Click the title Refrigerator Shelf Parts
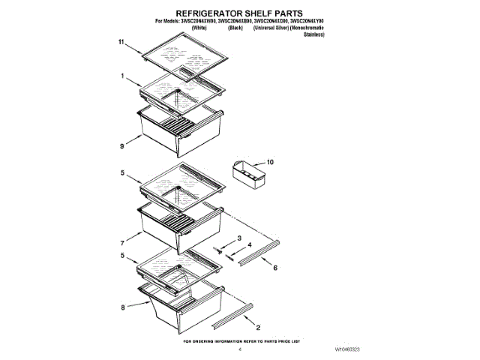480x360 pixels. pyautogui.click(x=238, y=13)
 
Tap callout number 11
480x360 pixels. pyautogui.click(x=120, y=43)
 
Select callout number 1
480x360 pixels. pyautogui.click(x=121, y=76)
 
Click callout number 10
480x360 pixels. pyautogui.click(x=271, y=161)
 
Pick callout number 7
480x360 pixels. pyautogui.click(x=121, y=244)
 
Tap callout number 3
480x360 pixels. pyautogui.click(x=239, y=238)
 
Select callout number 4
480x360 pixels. pyautogui.click(x=250, y=244)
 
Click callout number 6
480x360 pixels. pyautogui.click(x=274, y=267)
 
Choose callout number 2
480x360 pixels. pyautogui.click(x=259, y=328)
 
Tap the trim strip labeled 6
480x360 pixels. pyautogui.click(x=259, y=251)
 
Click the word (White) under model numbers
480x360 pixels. pyautogui.click(x=199, y=27)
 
